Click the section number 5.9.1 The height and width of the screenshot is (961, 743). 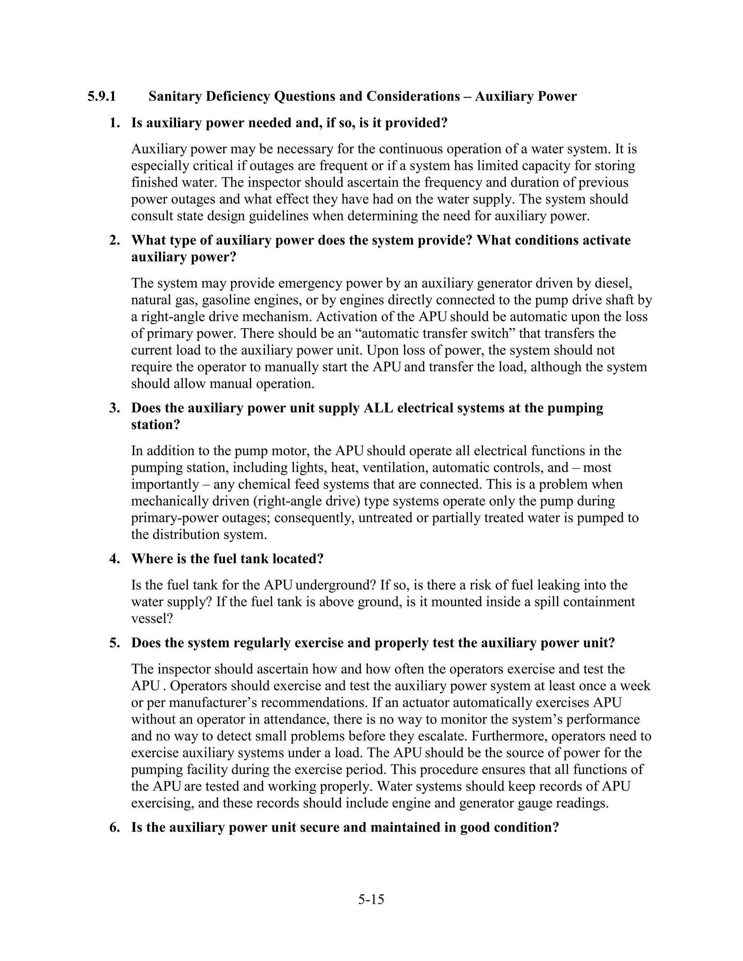click(102, 96)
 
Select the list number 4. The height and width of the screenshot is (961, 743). click(114, 559)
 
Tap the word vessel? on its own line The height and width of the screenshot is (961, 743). click(152, 619)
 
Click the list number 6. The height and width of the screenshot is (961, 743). click(114, 828)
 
